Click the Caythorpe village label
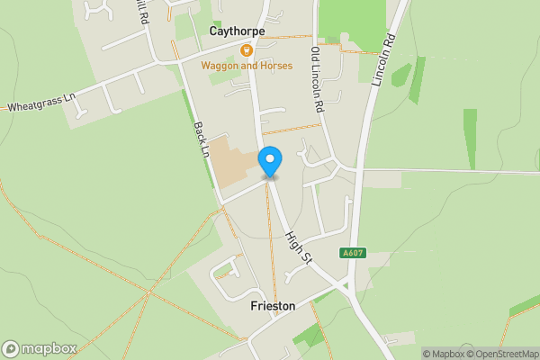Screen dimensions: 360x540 pos(237,31)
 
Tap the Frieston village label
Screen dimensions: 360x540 pos(272,306)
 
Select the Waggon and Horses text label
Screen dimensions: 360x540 pos(247,66)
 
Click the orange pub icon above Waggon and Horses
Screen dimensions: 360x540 pos(246,50)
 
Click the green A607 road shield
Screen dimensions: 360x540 pos(352,254)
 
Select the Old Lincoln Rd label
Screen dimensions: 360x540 pos(317,79)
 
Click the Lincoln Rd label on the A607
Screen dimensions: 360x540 pos(383,61)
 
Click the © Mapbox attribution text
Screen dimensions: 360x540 pos(444,354)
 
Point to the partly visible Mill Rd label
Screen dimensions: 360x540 pos(141,11)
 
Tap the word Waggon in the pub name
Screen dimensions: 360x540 pos(219,66)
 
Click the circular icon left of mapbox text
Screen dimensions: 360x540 pos(12,348)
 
